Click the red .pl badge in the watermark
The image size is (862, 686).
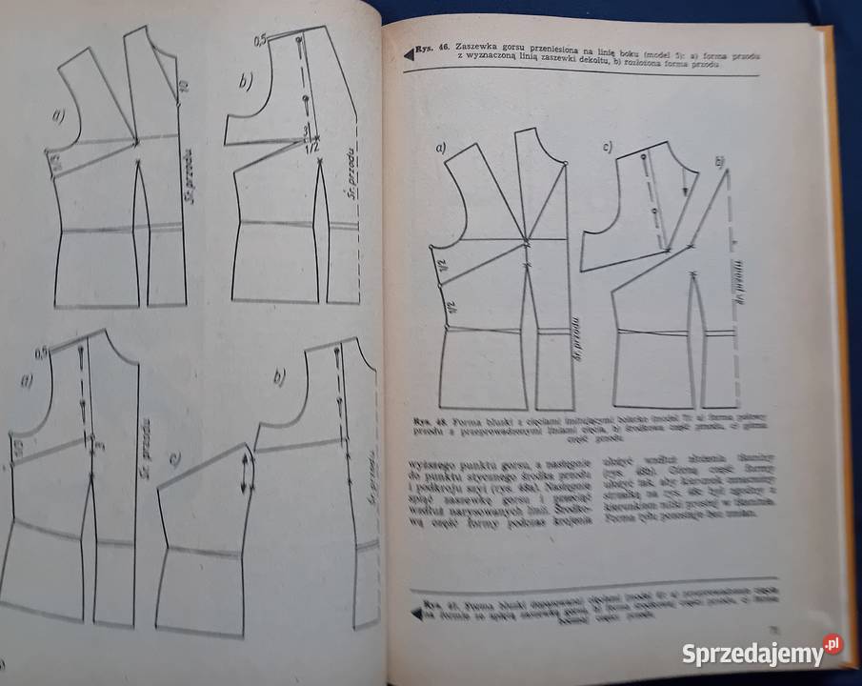point(832,644)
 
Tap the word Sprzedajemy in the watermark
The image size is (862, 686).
point(752,655)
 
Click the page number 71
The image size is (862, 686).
point(776,629)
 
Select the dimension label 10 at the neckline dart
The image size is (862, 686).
point(185,89)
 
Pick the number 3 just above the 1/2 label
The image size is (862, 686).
point(307,130)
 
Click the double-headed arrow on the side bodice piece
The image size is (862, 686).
point(247,473)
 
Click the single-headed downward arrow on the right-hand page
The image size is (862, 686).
point(683,188)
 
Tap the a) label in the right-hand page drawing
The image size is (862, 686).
point(440,149)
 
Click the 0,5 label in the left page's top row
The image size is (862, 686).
point(259,41)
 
